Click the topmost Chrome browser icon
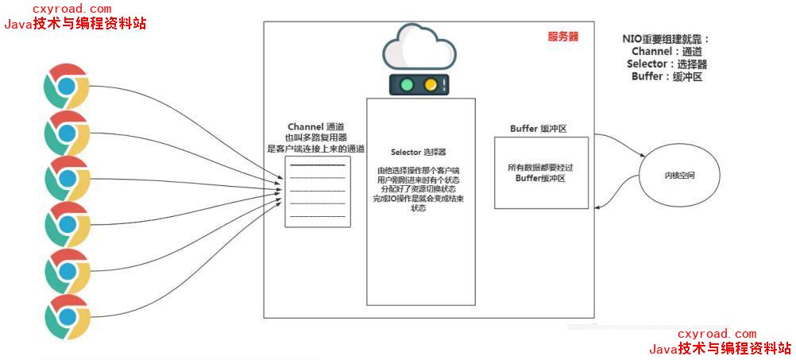66,87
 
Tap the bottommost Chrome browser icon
66,316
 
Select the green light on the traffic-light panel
407,84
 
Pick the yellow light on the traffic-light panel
430,84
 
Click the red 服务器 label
562,37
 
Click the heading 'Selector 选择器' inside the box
419,152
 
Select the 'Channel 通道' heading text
316,127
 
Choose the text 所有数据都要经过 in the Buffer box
539,168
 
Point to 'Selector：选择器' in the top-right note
667,64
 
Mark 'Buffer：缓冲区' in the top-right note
667,77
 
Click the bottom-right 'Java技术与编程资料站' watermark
720,348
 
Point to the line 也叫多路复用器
316,137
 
